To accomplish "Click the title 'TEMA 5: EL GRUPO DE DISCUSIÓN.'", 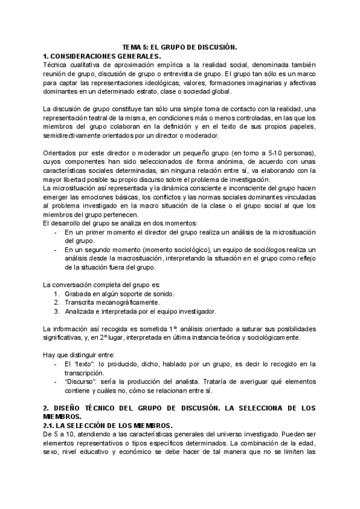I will (x=180, y=46).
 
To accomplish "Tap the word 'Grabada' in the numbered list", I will (x=80, y=294).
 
